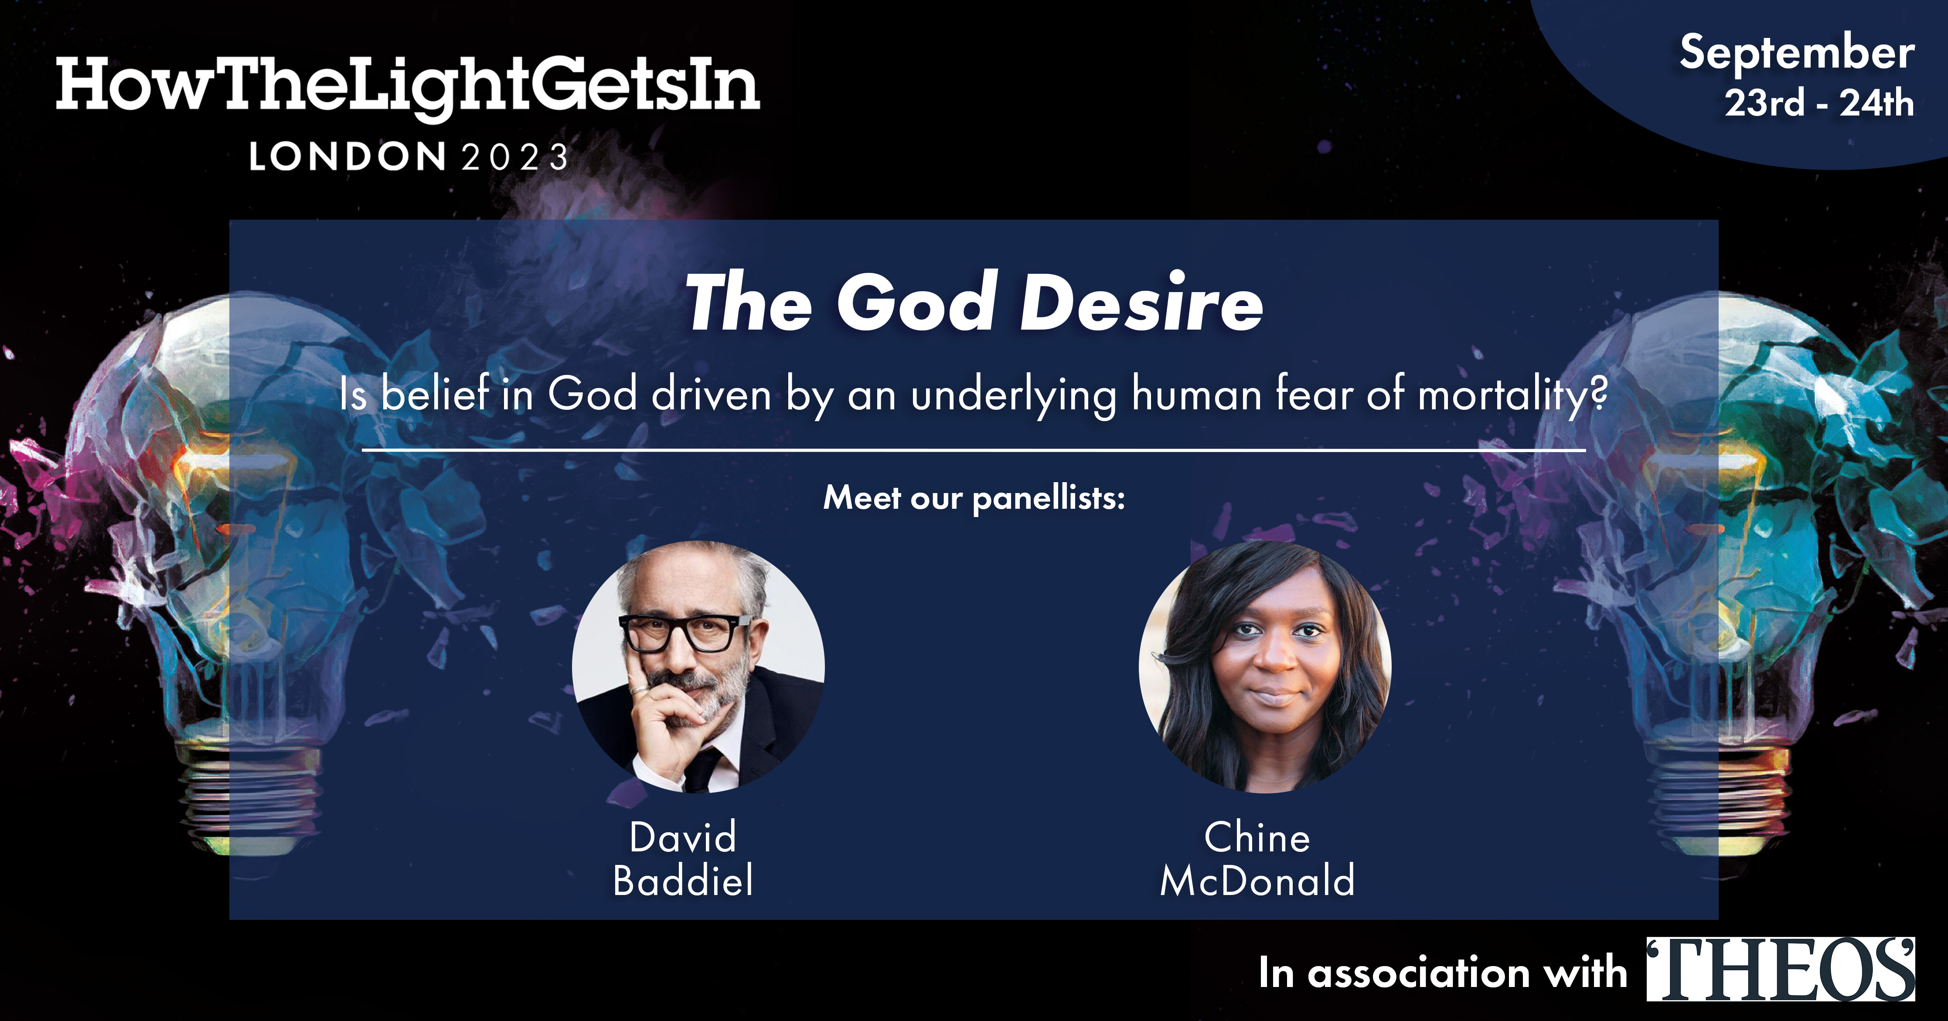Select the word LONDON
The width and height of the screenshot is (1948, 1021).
point(348,157)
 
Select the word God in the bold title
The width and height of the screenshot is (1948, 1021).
point(916,303)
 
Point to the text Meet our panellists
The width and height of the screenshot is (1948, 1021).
point(974,498)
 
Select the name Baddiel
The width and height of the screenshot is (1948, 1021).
point(683,881)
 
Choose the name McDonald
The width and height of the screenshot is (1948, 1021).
point(1257,881)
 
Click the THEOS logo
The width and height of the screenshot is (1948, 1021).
point(1781,970)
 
